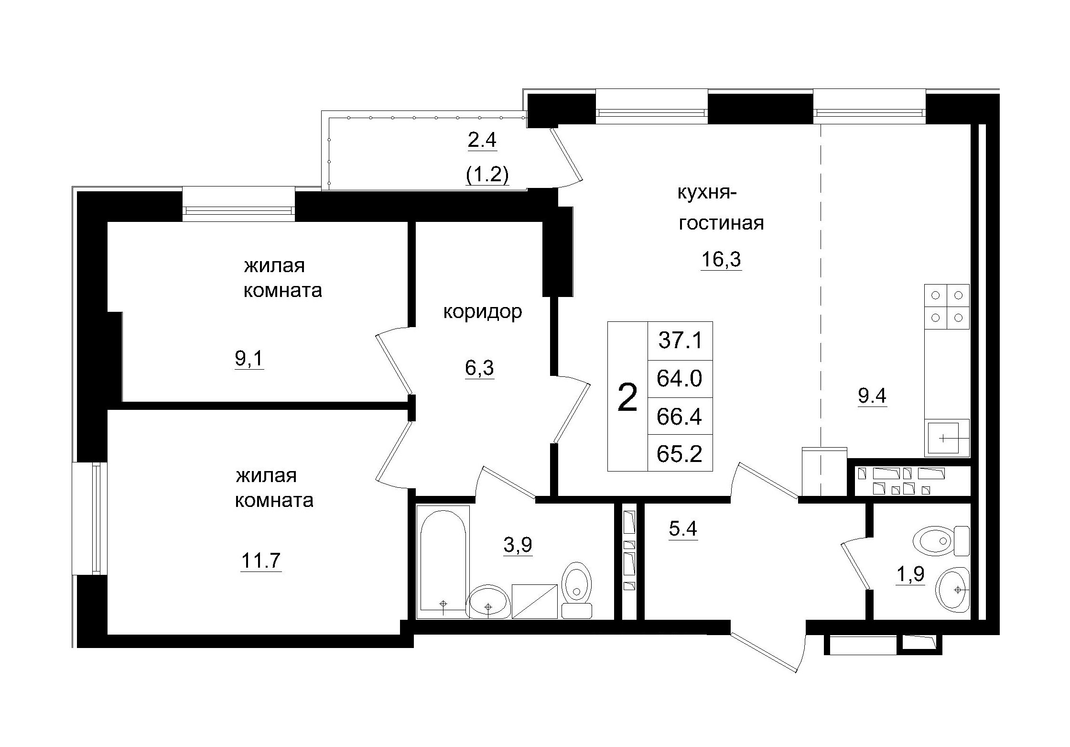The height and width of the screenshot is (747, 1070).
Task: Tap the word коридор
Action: point(483,312)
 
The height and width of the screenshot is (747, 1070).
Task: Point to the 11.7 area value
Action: point(260,560)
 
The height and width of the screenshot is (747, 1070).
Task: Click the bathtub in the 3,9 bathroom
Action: point(443,562)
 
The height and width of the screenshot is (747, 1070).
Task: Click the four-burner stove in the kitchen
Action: point(947,307)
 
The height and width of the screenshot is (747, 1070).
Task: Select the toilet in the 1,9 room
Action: point(940,541)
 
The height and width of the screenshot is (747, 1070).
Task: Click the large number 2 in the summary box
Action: point(627,397)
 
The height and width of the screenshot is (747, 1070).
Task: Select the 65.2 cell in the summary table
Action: point(680,453)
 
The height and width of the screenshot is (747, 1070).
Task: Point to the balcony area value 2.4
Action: point(482,141)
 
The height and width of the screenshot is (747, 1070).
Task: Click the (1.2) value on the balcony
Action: point(487,175)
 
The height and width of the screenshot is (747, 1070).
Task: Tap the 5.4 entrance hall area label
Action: point(683,529)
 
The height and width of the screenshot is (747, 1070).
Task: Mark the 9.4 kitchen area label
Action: point(872,396)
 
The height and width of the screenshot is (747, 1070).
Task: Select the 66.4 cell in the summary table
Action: point(680,416)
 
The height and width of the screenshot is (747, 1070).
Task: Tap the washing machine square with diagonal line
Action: point(535,601)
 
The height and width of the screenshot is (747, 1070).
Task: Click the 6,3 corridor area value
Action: point(479,368)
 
